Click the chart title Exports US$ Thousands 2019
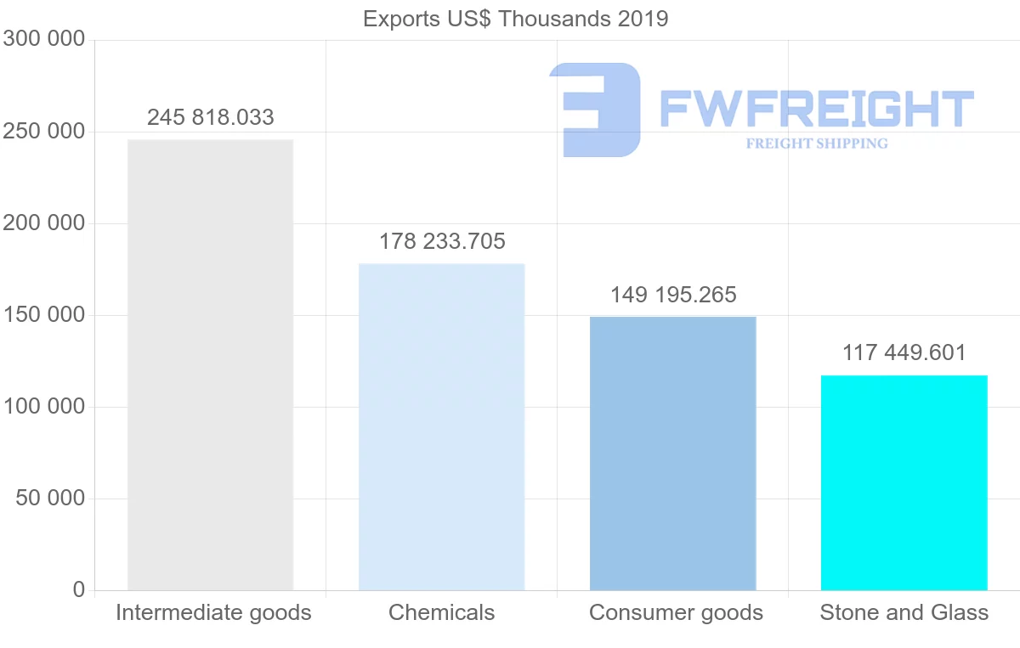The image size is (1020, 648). (515, 19)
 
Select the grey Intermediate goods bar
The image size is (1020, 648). (210, 365)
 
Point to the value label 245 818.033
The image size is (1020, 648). (211, 117)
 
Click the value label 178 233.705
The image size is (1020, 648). (442, 242)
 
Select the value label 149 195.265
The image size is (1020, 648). (673, 295)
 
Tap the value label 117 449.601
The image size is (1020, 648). (904, 352)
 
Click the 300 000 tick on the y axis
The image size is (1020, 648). (44, 40)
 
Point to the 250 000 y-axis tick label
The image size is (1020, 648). (44, 132)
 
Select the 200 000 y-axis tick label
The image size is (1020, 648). (44, 223)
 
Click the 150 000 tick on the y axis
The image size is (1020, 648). (44, 315)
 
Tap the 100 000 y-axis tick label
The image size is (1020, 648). (44, 407)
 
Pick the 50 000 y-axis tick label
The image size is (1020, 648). (51, 499)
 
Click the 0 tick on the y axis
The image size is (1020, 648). (79, 589)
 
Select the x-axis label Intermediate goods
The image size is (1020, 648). (213, 612)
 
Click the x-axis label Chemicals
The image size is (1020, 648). (441, 612)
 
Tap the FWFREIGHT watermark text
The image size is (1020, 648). (816, 109)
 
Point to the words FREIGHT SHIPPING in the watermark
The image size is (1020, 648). (817, 144)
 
